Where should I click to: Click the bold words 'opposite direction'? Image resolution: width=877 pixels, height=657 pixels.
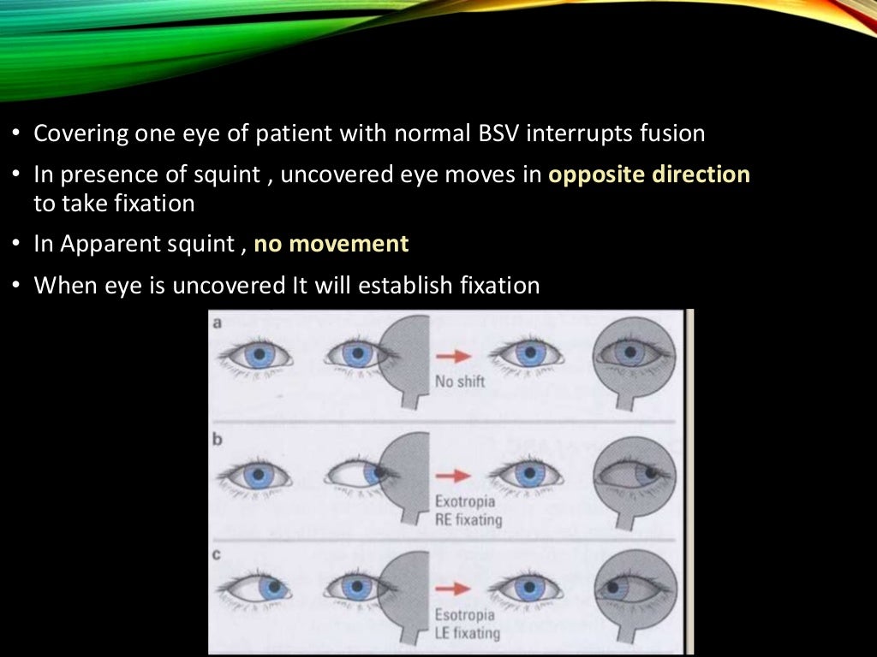649,175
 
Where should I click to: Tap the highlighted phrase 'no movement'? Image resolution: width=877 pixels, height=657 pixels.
332,244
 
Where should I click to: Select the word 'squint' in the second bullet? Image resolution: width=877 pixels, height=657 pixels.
232,175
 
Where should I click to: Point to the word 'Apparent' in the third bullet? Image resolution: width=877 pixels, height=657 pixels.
116,245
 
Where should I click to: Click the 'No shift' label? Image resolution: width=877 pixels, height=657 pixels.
460,382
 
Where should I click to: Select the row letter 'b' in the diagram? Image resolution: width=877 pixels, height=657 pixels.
218,440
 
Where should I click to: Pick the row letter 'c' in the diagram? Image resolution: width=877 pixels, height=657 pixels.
218,555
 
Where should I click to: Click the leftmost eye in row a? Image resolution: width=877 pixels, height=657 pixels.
256,353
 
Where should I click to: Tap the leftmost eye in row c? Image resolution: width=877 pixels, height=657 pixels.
256,588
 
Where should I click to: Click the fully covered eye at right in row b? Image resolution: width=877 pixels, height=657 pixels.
636,472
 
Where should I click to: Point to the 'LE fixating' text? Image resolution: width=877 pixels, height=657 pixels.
468,634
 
